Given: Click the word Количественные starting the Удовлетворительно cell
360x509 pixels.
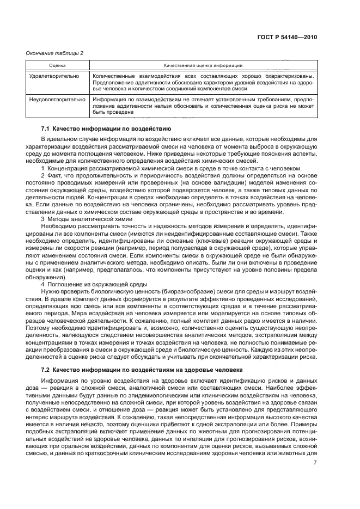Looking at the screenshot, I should tap(112, 76).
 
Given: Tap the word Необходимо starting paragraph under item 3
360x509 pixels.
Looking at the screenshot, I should tap(58, 225).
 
